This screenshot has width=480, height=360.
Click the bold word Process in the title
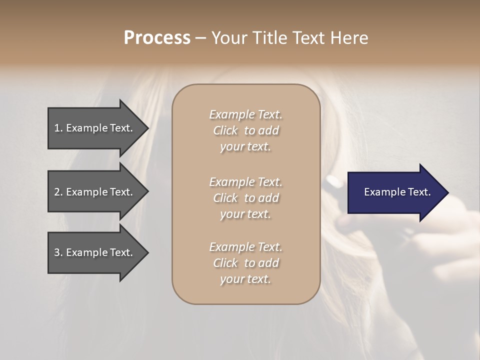point(157,38)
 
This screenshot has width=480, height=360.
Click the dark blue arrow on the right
point(395,192)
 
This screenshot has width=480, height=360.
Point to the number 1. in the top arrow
point(58,128)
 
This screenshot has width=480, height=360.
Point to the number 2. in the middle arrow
point(58,192)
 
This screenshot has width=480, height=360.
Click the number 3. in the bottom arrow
point(58,252)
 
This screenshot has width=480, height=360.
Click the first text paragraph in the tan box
point(245,130)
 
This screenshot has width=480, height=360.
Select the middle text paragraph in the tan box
point(245,197)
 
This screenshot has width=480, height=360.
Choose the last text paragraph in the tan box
point(245,263)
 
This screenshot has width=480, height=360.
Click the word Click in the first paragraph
point(225,130)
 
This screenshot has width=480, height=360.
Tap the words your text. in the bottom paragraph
point(245,279)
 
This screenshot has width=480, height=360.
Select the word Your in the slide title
point(228,38)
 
